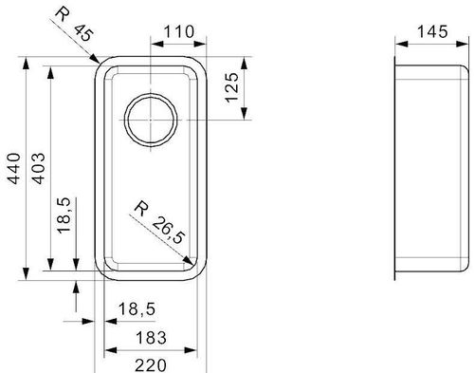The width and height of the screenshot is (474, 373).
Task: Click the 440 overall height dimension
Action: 15,169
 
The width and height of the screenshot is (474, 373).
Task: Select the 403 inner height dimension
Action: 39,169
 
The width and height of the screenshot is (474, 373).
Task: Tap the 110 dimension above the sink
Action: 179,32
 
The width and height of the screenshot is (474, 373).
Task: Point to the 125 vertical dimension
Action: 232,87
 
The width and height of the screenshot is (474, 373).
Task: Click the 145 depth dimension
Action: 432,32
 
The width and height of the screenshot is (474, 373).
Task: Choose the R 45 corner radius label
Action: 74,24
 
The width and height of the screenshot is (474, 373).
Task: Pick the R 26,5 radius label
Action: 158,223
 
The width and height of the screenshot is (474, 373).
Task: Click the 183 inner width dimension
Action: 151,338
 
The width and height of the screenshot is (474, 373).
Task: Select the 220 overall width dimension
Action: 151,365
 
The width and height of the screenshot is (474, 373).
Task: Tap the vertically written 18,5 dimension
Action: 64,215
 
